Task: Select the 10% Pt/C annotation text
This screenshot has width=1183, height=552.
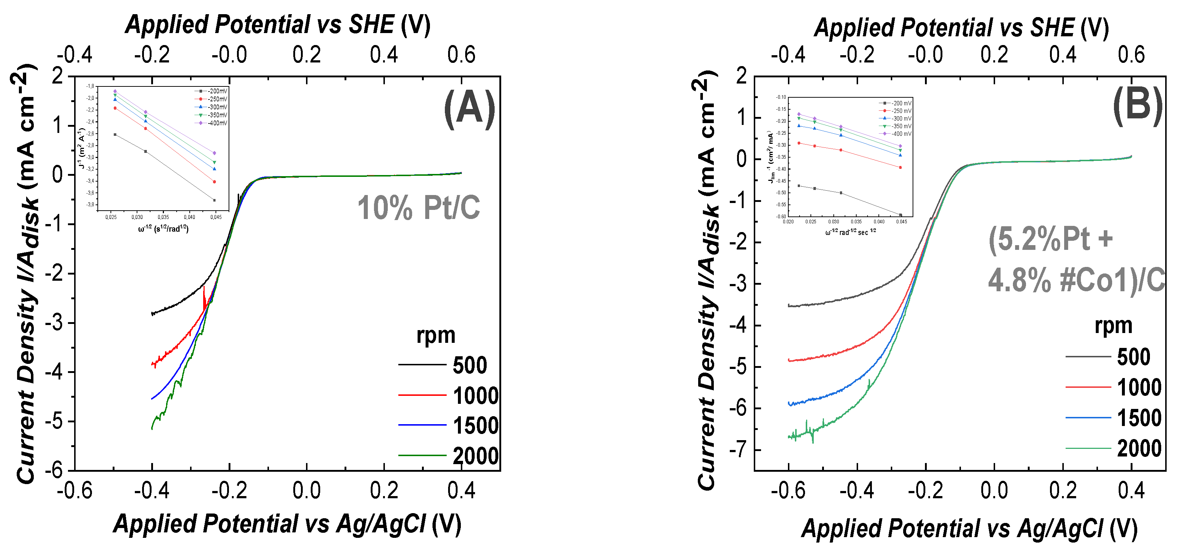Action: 418,208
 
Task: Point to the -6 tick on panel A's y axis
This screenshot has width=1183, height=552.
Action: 57,470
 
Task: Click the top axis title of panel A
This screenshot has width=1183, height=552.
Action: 278,24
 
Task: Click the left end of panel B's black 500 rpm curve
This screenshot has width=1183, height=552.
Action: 789,305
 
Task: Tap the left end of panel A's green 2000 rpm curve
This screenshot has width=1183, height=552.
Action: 152,429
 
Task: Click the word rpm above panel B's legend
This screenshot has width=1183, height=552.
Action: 1113,326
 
